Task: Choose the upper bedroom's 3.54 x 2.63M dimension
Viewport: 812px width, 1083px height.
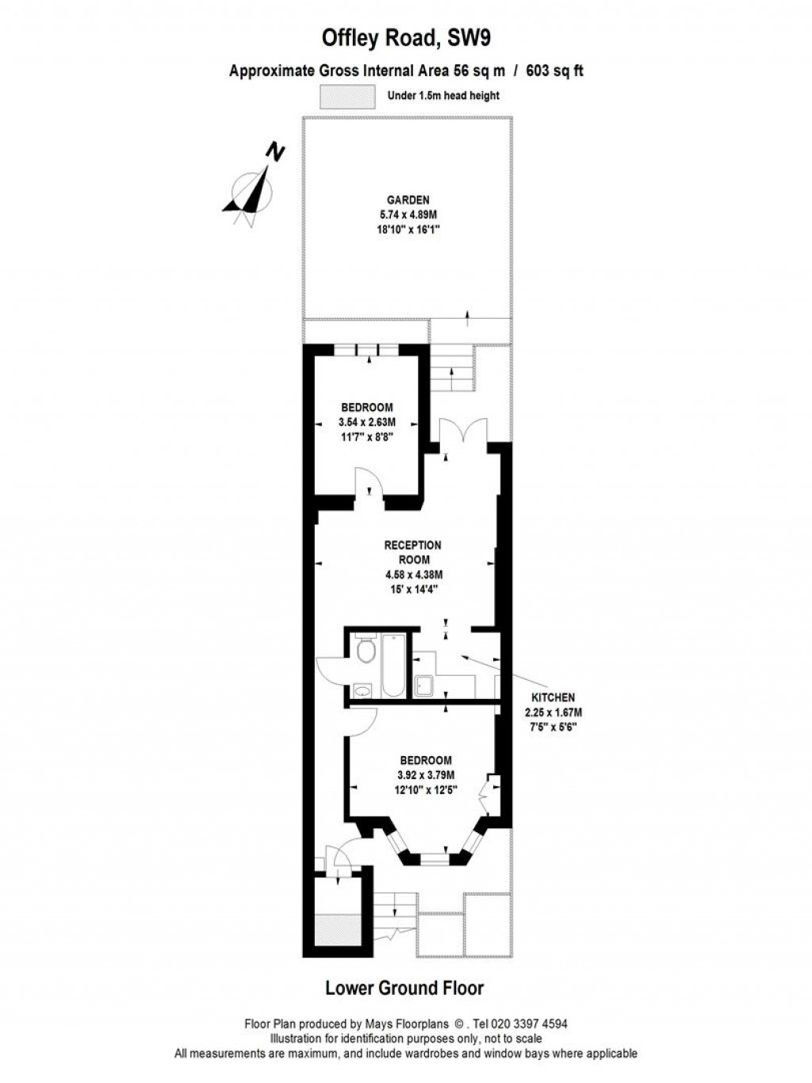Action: coord(366,422)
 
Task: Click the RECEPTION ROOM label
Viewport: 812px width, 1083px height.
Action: coord(412,552)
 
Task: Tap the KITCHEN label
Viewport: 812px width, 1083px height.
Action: coord(553,697)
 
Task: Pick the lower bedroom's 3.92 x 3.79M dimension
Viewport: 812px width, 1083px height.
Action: coord(425,775)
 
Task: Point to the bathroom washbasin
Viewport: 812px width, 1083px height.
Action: coord(364,689)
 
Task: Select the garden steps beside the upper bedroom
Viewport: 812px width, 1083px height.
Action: coord(452,370)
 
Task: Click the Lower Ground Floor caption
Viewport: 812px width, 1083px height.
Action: coord(404,988)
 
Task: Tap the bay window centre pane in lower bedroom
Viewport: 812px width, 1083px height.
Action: coord(433,857)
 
